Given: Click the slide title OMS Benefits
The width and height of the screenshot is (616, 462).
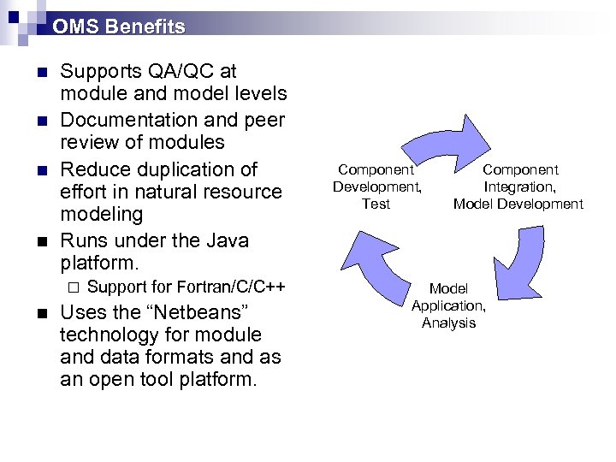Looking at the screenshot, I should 118,27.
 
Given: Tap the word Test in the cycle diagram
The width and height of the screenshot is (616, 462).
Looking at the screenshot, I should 376,204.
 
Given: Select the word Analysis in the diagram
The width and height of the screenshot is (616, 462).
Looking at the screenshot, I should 448,323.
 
